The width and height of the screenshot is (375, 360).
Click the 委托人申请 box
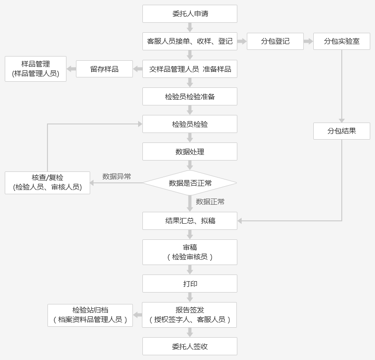[190, 14]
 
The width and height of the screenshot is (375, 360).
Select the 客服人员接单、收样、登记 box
[190, 41]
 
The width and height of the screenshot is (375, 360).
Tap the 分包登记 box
[275, 41]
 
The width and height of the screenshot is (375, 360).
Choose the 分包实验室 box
[342, 41]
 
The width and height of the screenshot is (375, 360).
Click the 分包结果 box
[342, 131]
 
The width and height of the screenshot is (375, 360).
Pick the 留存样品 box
[104, 69]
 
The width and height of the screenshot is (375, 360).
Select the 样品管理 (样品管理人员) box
[36, 69]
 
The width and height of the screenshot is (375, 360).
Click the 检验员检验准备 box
[190, 96]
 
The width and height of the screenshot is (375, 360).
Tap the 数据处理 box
[190, 152]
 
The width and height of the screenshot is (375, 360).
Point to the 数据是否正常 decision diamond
[190, 183]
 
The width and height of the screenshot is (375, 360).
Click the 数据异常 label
[117, 177]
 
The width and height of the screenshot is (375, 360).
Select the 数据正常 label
[210, 202]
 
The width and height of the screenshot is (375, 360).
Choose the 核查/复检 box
[47, 183]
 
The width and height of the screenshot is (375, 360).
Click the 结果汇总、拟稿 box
[190, 221]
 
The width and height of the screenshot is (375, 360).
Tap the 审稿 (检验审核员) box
[190, 252]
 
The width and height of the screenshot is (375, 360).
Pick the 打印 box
[190, 284]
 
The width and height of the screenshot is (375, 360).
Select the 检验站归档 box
[90, 315]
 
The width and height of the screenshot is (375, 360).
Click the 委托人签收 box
[190, 346]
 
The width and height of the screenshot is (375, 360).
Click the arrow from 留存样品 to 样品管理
[71, 69]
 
